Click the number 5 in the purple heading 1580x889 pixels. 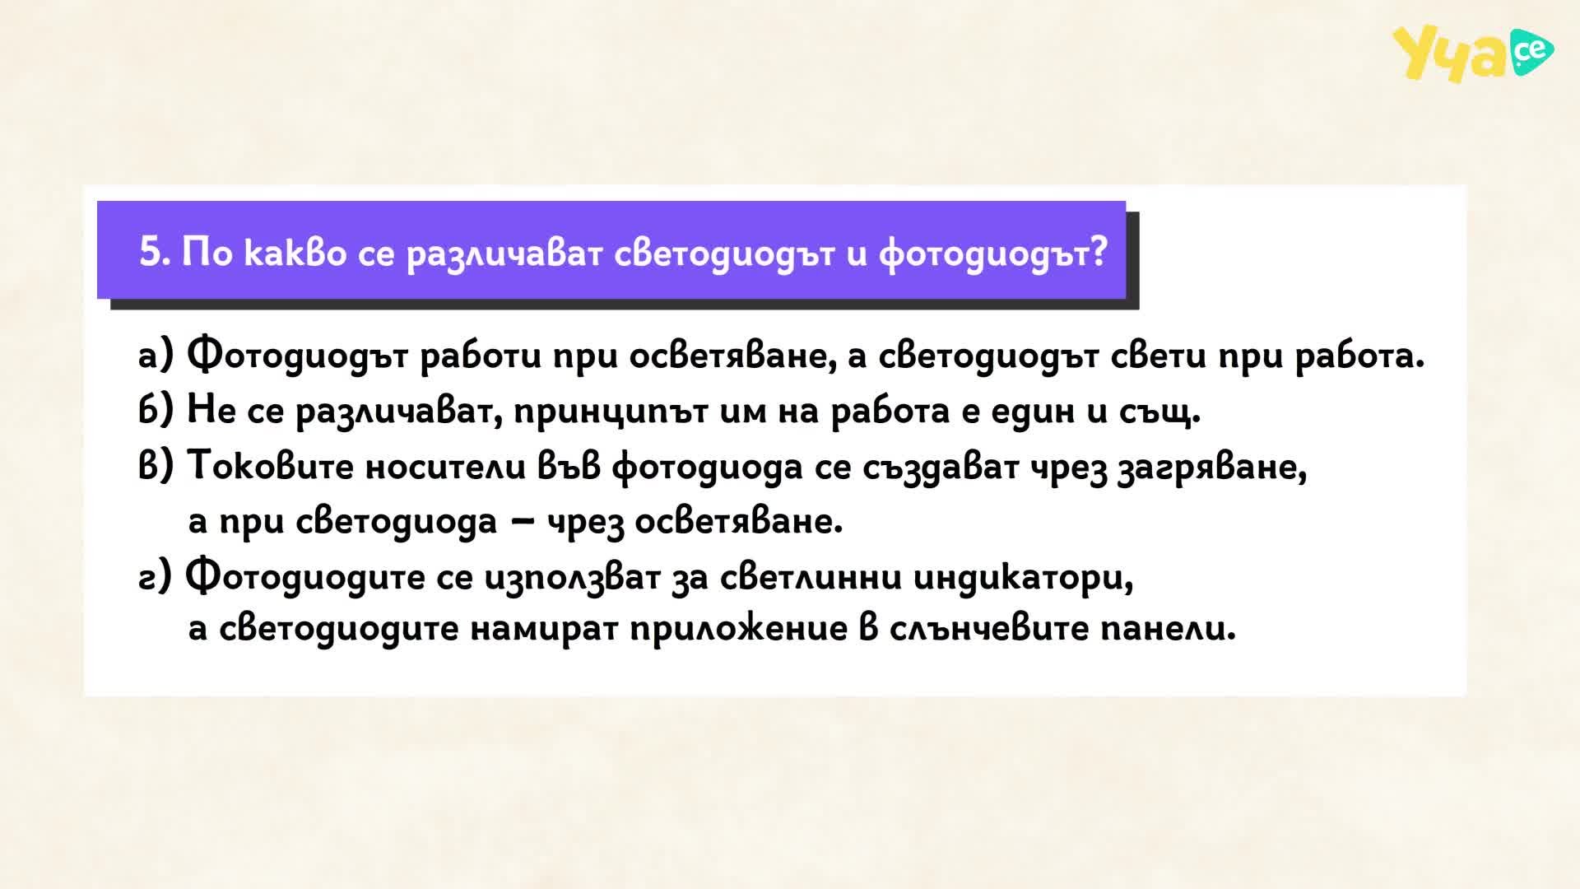click(x=149, y=251)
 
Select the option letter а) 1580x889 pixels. click(x=156, y=356)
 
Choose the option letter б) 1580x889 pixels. click(x=156, y=410)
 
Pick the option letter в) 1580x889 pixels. click(x=156, y=466)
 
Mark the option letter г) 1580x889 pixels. click(x=155, y=576)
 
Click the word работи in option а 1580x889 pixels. click(x=481, y=357)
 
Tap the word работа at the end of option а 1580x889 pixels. click(x=1359, y=357)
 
